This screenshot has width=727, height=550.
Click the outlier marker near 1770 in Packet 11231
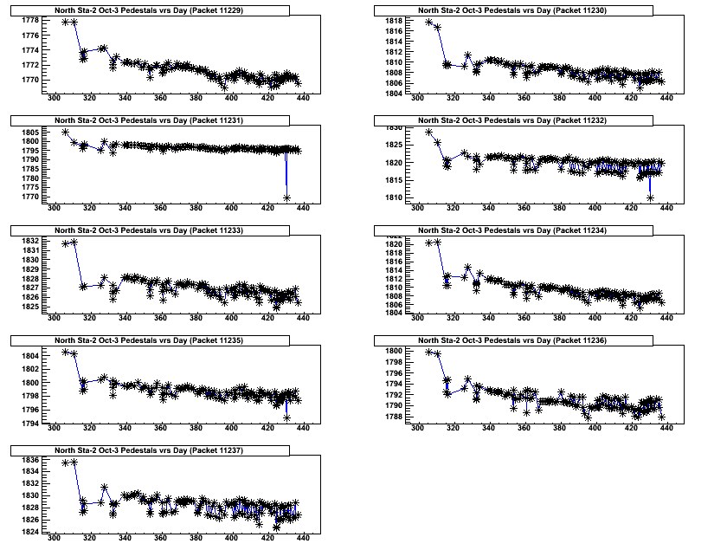[x=286, y=197]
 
